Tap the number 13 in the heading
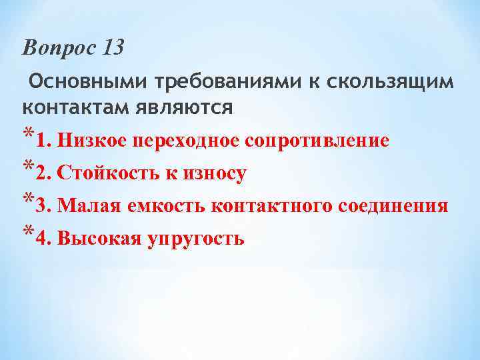click(113, 48)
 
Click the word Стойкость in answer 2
click(105, 174)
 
